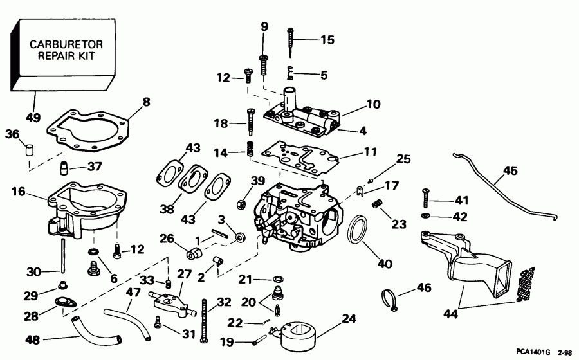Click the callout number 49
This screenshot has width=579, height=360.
click(32, 118)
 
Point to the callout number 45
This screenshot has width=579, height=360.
click(510, 170)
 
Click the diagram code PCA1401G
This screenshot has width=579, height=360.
click(533, 352)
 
